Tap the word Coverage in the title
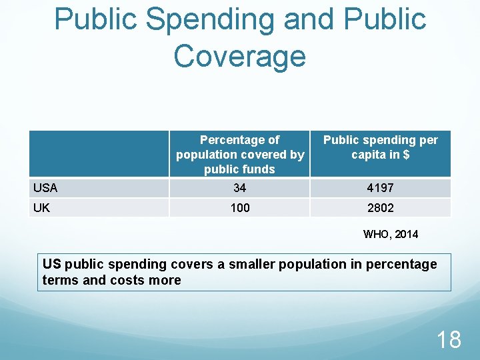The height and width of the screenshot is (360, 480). click(240, 56)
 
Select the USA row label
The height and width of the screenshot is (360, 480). click(46, 188)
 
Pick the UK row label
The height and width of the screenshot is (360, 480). click(41, 208)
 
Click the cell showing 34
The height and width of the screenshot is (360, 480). click(239, 189)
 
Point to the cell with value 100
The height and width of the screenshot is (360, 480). click(239, 208)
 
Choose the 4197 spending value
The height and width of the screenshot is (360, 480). click(381, 189)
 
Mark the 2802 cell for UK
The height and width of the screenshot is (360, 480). click(381, 208)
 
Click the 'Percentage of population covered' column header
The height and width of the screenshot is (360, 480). click(240, 154)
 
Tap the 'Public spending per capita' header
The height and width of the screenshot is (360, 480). click(381, 147)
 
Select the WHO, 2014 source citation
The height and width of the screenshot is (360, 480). click(391, 234)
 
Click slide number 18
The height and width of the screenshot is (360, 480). click(448, 339)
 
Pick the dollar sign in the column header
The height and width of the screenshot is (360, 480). click(405, 155)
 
